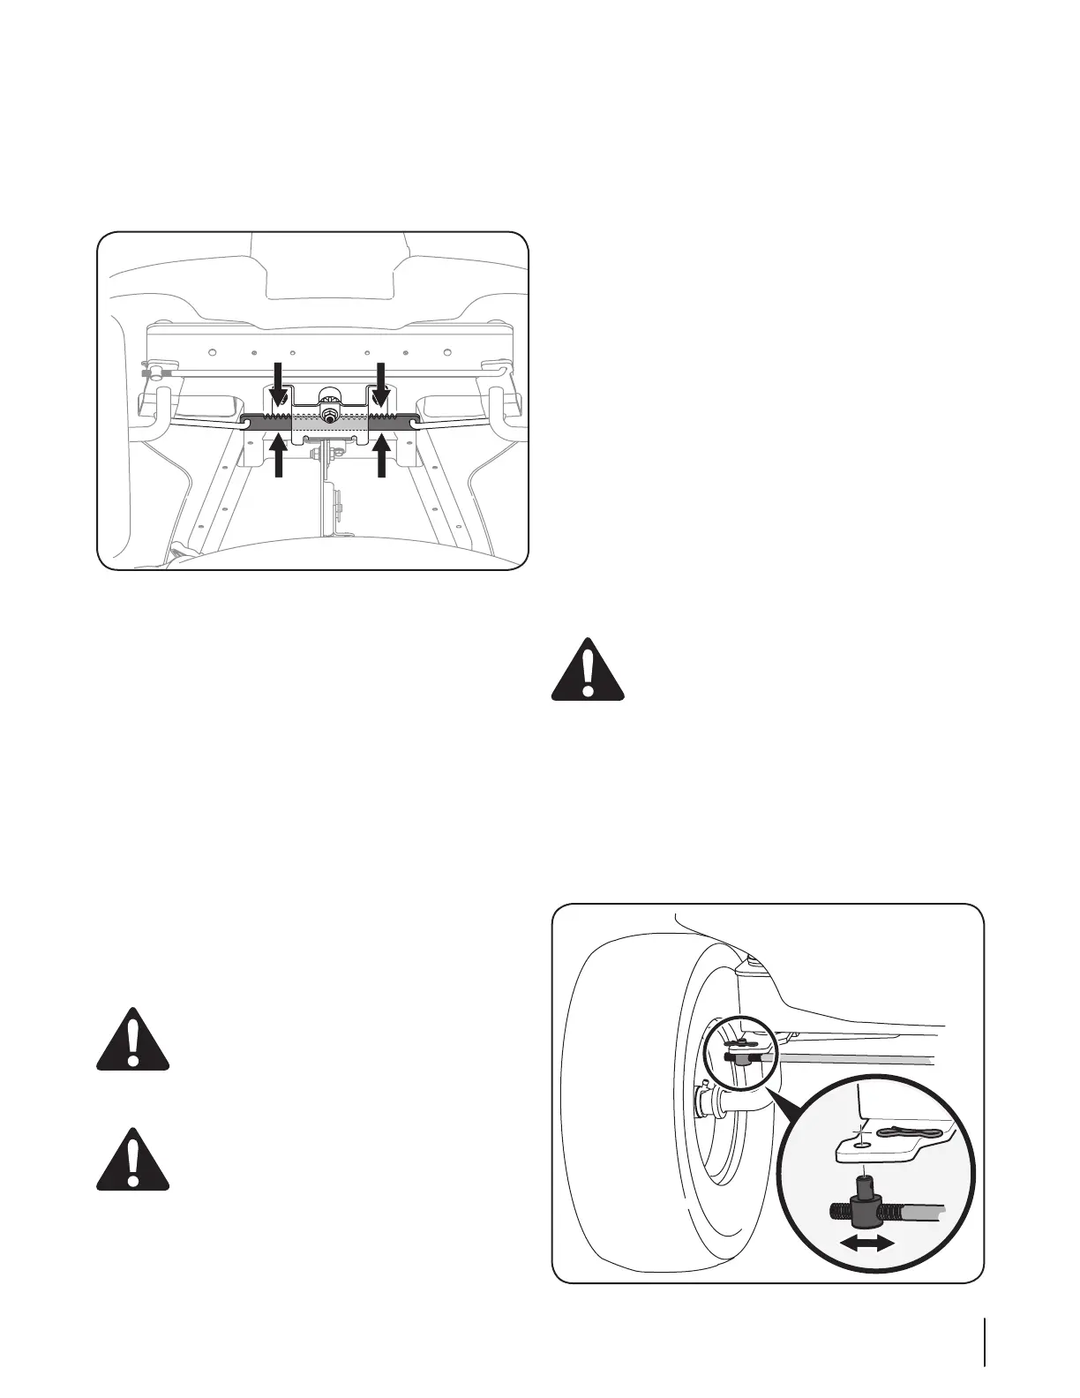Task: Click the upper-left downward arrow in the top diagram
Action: click(279, 381)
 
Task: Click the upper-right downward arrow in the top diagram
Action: click(382, 381)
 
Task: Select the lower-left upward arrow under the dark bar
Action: click(279, 456)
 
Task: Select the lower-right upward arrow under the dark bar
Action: click(382, 456)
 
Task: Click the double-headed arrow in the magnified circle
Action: click(866, 1242)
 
